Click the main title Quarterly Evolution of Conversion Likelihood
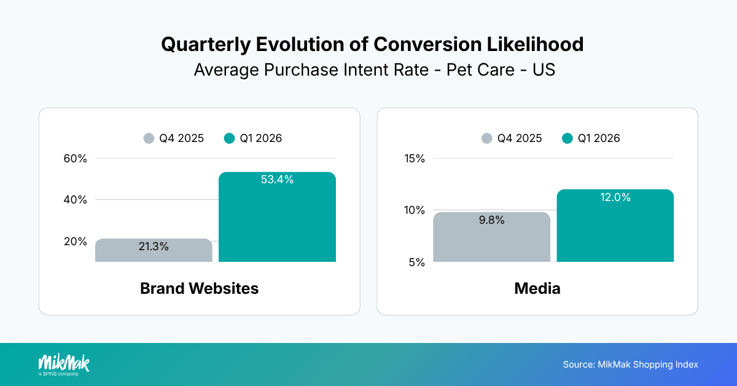[372, 44]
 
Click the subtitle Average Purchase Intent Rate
[374, 70]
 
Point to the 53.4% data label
[277, 180]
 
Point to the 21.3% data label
[153, 246]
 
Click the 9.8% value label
[491, 220]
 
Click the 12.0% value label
[615, 197]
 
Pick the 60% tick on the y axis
[76, 159]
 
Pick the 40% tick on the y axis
[76, 200]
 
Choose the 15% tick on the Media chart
[415, 159]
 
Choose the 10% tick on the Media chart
[415, 210]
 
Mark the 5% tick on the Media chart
[417, 262]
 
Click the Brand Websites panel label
[199, 288]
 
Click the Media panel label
[537, 288]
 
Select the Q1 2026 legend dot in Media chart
[567, 138]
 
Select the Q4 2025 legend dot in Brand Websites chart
[149, 138]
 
